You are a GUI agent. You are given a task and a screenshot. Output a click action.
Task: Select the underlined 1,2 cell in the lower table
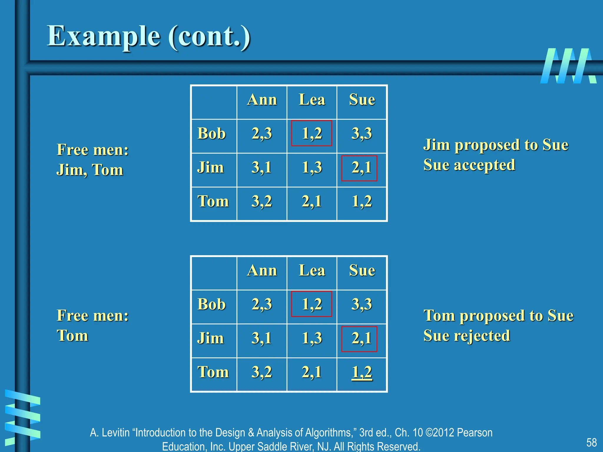tap(362, 372)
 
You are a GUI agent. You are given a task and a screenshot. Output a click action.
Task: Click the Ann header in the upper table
tap(262, 100)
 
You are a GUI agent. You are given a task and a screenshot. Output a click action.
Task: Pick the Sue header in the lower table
tap(362, 270)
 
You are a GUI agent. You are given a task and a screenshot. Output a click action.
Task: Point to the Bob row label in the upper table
tap(211, 134)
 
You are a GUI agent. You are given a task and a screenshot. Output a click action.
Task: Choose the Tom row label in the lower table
tap(213, 372)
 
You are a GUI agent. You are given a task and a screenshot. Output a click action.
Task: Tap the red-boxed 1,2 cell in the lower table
tap(312, 304)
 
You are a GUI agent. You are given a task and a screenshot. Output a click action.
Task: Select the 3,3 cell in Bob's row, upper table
tap(362, 134)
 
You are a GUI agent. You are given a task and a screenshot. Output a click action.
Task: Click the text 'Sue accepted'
tap(469, 165)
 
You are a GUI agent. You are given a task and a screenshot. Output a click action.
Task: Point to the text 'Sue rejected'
tap(467, 336)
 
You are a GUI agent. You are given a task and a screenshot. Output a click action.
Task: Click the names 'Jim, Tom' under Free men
tap(90, 170)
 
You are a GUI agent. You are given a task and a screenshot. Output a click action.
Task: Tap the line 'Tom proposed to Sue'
tap(498, 316)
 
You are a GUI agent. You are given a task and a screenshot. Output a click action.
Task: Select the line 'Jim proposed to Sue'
tap(496, 145)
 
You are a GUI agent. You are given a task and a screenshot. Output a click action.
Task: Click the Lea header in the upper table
tap(312, 100)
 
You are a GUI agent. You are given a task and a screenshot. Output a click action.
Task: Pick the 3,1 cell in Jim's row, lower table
tap(261, 338)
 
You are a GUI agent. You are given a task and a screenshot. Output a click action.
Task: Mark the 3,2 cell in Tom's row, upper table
tap(261, 202)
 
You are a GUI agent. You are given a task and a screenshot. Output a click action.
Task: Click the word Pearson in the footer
tap(475, 433)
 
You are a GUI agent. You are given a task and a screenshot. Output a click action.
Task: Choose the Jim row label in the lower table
tap(210, 338)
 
